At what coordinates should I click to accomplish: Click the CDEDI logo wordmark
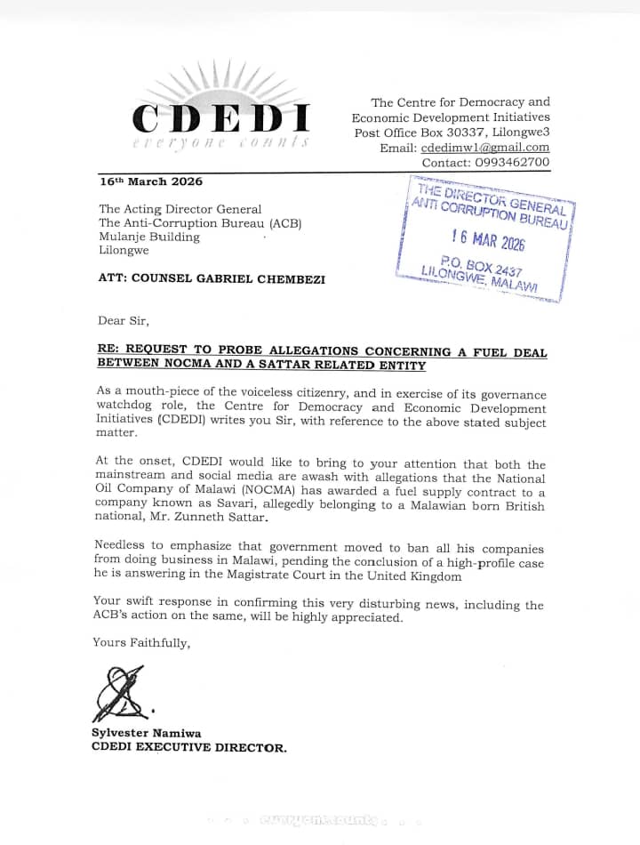point(220,117)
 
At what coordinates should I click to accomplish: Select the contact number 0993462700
point(516,163)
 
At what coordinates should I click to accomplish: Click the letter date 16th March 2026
point(150,181)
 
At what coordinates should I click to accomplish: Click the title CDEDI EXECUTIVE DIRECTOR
point(189,747)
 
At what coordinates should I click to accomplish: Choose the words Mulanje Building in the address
point(149,237)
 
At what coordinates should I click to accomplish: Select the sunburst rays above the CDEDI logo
point(222,82)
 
